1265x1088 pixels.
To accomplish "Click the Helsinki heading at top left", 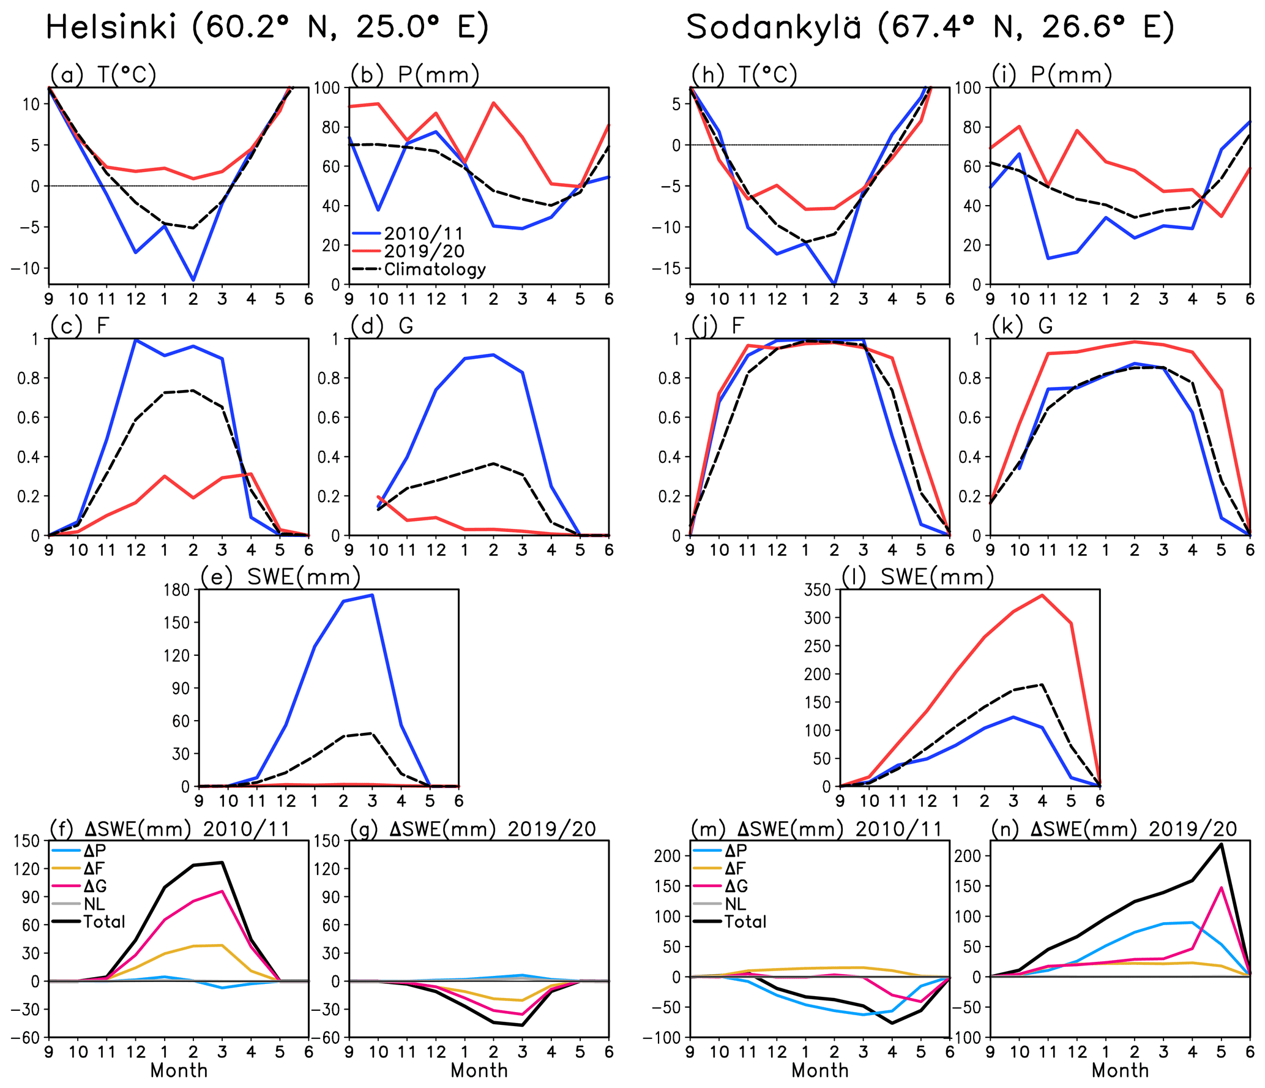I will click(267, 28).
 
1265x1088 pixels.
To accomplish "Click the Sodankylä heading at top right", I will click(930, 28).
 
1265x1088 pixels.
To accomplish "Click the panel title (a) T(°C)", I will click(103, 75).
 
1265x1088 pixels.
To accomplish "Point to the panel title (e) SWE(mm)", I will click(280, 577).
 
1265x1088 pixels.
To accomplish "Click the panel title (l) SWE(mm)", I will click(917, 577).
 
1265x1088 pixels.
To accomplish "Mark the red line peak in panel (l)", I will click(1042, 595).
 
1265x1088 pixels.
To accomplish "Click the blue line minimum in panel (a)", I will click(193, 280).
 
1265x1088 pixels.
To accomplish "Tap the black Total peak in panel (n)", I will click(1222, 844).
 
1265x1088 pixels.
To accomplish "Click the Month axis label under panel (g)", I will click(479, 1070).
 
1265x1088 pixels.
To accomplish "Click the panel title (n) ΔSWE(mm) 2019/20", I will click(1114, 829).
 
